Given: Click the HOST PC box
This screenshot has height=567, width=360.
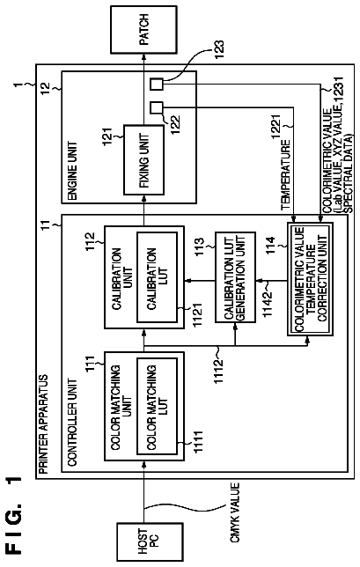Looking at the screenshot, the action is (150, 541).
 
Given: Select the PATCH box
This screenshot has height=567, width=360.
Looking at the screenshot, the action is (143, 30).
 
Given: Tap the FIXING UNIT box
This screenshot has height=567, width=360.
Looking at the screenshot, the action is (143, 160).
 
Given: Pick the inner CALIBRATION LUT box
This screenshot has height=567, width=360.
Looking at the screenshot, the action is (157, 277).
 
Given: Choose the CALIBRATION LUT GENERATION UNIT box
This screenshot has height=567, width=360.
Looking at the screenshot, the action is (235, 277).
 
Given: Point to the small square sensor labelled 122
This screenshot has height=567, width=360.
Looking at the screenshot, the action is (157, 108).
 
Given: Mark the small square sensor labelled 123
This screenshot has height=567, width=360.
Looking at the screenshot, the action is (157, 85).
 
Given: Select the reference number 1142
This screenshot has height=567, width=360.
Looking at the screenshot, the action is (268, 304).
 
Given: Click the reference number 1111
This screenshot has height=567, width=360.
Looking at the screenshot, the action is (198, 442).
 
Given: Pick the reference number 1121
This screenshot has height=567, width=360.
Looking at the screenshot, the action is (198, 315).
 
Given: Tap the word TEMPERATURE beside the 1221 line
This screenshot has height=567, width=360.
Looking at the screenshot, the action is (285, 175).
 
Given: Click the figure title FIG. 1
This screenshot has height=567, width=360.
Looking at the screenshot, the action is (14, 515).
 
